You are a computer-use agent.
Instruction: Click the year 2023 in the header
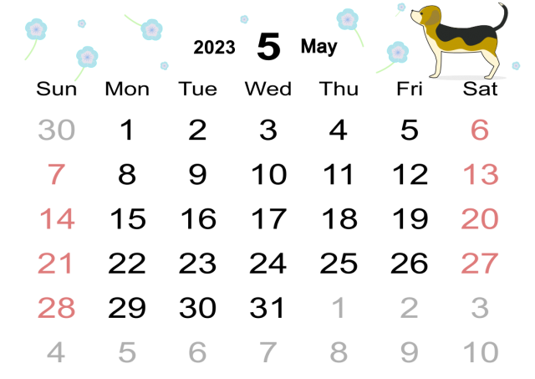point(214,47)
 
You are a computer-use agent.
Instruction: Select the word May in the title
point(319,47)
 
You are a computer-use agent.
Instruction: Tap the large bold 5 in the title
point(269,47)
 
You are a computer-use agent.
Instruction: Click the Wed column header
point(268,89)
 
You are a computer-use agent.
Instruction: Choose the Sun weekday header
point(56,89)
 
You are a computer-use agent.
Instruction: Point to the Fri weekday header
point(410,89)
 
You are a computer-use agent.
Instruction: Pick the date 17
point(268,218)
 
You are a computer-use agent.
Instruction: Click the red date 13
point(481,174)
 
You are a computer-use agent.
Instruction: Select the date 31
point(267,308)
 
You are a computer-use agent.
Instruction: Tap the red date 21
point(55,263)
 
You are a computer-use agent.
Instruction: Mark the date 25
point(339,263)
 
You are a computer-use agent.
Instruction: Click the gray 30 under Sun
point(56,130)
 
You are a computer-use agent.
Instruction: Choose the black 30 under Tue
point(198,308)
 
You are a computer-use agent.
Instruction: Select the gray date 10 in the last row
point(481,352)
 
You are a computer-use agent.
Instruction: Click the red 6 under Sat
point(480,130)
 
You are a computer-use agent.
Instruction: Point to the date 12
point(410,174)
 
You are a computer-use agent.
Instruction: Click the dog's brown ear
point(432,17)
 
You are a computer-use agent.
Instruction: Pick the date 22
point(127,263)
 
